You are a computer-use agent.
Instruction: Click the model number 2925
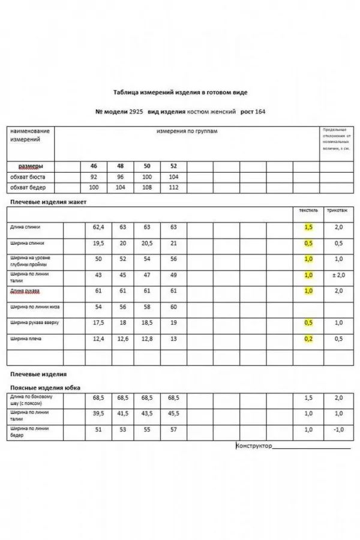[x=136, y=112]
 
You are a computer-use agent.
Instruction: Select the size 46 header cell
[x=94, y=166]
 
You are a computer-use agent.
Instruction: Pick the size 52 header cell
[x=174, y=166]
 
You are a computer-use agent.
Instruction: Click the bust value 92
[x=94, y=178]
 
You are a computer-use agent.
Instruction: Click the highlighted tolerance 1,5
[x=308, y=227]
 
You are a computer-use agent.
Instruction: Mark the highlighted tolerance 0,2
[x=308, y=338]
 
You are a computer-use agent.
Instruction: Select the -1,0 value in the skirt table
[x=338, y=430]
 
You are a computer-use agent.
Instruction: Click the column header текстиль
[x=308, y=211]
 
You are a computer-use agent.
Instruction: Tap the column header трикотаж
[x=337, y=211]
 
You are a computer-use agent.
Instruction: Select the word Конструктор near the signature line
[x=254, y=446]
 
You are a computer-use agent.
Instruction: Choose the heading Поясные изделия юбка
[x=45, y=388]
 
